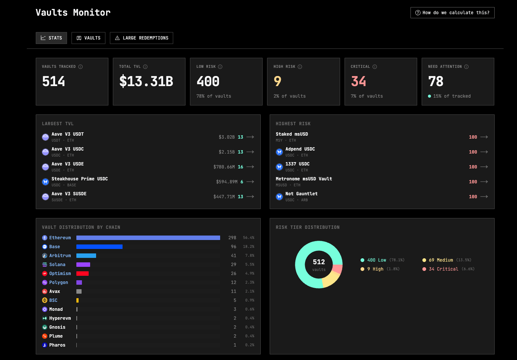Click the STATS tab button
coord(51,38)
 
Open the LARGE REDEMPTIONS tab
coord(142,38)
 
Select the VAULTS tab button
coord(88,38)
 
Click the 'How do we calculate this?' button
coord(452,13)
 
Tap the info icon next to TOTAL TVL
coord(145,67)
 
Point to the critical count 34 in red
coord(358,81)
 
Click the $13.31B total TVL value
coord(146,81)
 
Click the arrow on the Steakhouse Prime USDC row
coord(250,182)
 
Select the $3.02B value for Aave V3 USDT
coord(226,137)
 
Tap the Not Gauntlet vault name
coord(301,194)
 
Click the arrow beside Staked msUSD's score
coord(484,137)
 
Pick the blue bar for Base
coord(99,247)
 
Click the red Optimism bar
coord(82,274)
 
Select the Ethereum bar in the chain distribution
coord(148,238)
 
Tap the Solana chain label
coord(57,265)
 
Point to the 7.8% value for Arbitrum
coord(250,256)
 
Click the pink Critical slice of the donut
coord(338,269)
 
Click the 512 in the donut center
coord(319,262)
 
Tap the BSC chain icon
coord(45,300)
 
